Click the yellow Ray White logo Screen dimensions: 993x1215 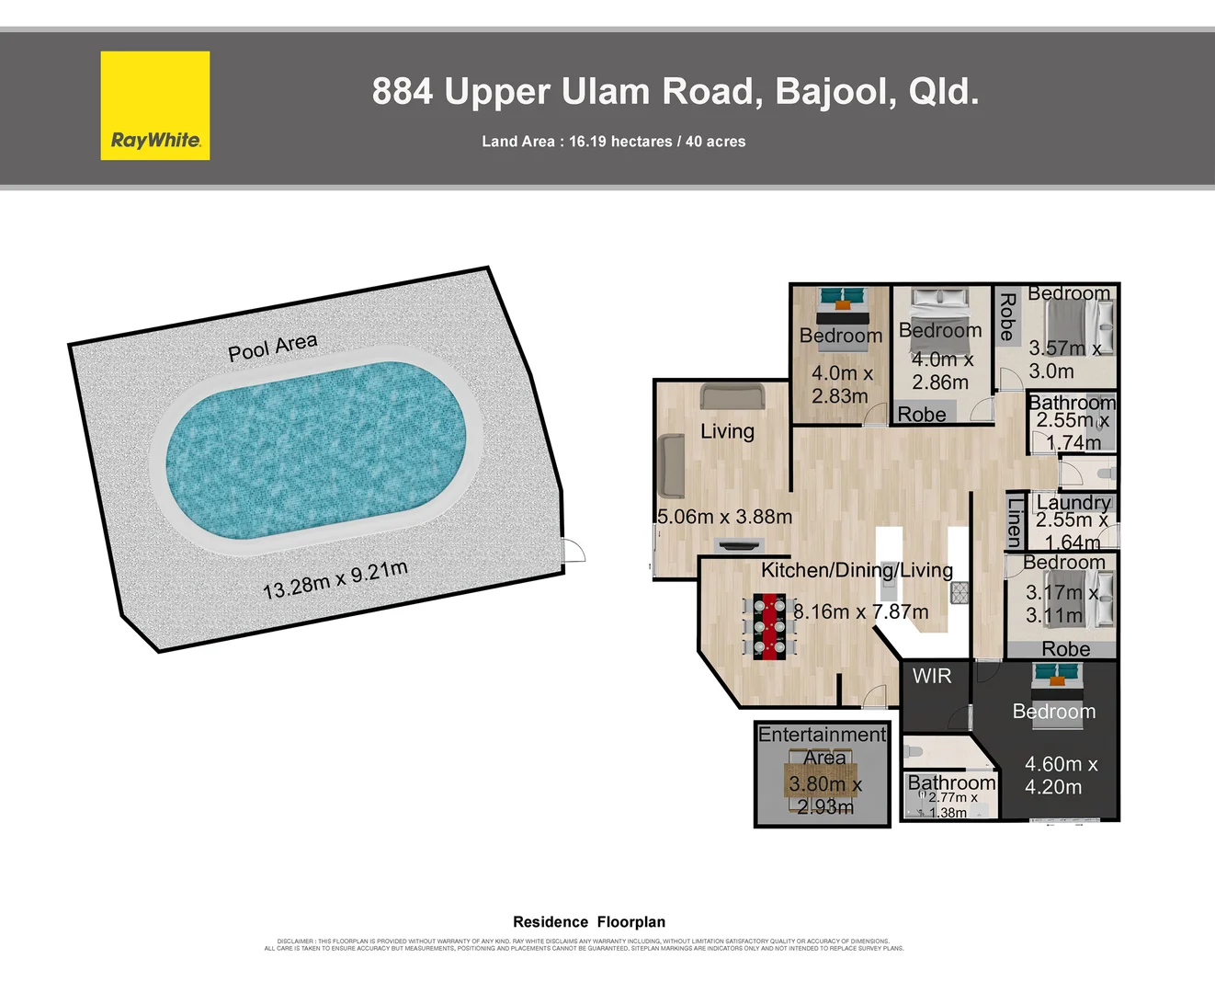(155, 106)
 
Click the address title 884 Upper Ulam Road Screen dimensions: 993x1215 (675, 92)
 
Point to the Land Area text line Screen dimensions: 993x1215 (613, 142)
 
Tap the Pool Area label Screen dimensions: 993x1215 (272, 347)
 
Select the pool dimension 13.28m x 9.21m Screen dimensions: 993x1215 (335, 579)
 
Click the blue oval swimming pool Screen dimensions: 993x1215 (315, 451)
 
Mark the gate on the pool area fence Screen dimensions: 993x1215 (573, 550)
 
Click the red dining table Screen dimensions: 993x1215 (769, 626)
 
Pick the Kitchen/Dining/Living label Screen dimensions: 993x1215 (857, 570)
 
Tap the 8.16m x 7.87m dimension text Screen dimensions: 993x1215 (861, 611)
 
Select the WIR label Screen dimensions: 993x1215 (932, 676)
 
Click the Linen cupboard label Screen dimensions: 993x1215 (1014, 522)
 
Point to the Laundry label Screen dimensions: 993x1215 (1073, 502)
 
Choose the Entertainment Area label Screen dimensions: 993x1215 (823, 746)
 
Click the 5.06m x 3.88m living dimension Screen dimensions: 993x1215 (724, 517)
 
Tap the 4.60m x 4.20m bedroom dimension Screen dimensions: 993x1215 (1061, 775)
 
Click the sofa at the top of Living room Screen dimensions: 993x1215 (732, 396)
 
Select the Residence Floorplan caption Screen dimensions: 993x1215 (589, 921)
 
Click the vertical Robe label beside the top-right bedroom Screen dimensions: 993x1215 (1006, 316)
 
